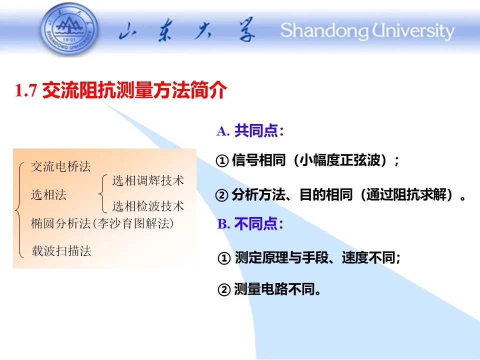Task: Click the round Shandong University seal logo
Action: click(x=69, y=29)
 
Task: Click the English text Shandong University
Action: click(x=367, y=30)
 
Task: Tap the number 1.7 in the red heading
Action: click(x=26, y=90)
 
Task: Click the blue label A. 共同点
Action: click(x=250, y=130)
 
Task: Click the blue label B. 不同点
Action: click(x=250, y=223)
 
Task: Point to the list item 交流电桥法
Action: click(x=61, y=166)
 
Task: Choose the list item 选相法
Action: click(x=48, y=194)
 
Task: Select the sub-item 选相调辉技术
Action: click(x=148, y=180)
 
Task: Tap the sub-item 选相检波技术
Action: click(x=148, y=206)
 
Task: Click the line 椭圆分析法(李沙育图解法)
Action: click(x=102, y=223)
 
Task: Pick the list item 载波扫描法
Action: click(x=61, y=250)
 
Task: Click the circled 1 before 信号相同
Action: click(x=222, y=160)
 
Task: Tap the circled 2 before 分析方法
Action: click(x=221, y=195)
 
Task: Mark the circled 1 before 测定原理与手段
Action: click(x=224, y=258)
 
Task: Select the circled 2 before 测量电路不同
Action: click(x=224, y=289)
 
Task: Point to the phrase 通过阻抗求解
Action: click(x=406, y=194)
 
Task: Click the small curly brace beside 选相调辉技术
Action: click(x=103, y=193)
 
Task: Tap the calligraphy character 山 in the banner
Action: click(x=128, y=30)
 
